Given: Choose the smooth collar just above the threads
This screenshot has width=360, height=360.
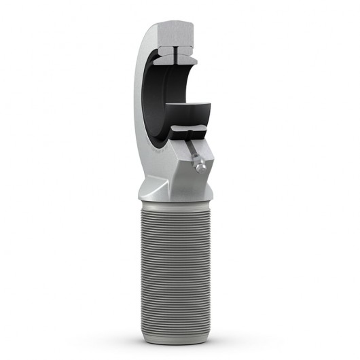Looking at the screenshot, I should [178, 201].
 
